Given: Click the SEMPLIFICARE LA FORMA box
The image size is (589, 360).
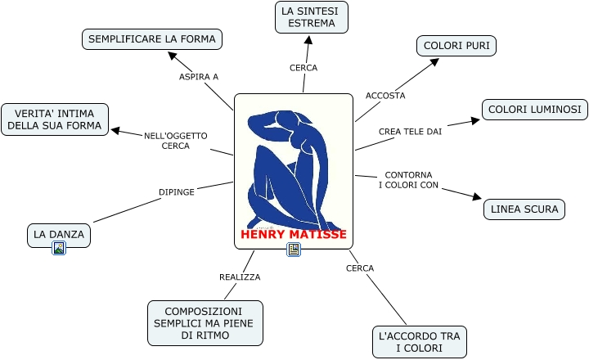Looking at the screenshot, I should (x=152, y=38).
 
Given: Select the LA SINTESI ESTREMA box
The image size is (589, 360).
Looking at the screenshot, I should (x=311, y=17).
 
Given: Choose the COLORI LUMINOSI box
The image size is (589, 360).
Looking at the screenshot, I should (x=533, y=109).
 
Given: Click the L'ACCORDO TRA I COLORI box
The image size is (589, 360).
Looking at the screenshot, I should (x=419, y=342).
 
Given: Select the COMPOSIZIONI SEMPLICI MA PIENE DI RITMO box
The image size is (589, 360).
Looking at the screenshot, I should (x=205, y=323).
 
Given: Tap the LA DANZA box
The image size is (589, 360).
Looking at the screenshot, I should (x=59, y=235).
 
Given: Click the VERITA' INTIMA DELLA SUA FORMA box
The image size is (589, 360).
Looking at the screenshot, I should (x=55, y=119).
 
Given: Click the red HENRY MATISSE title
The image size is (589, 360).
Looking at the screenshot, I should (x=294, y=235).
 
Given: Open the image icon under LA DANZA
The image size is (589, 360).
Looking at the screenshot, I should (x=59, y=249).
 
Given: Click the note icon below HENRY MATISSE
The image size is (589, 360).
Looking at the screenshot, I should (x=294, y=250).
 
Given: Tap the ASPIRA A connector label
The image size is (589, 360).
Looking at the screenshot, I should (x=199, y=77).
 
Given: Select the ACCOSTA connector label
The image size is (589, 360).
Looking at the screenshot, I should (x=385, y=96).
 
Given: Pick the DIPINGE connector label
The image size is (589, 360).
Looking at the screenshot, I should (x=177, y=192).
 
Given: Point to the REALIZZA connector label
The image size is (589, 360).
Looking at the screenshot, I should (x=240, y=277).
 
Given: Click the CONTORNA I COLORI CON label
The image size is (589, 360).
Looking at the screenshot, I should (x=408, y=180).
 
